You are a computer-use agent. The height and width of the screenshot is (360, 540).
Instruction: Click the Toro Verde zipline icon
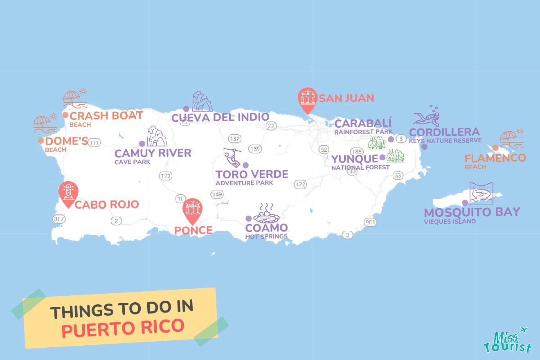coord(232,158)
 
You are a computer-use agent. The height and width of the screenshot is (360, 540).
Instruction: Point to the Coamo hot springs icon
coord(266,213)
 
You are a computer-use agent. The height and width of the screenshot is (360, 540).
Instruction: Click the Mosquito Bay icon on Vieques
coord(481,193)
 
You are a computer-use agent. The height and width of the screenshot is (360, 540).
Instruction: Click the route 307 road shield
coord(59,219)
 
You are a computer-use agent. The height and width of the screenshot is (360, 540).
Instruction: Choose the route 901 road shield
coord(370,222)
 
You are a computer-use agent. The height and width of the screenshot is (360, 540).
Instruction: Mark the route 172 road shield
coord(300,184)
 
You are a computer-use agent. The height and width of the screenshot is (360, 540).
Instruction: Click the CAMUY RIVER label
coord(153,153)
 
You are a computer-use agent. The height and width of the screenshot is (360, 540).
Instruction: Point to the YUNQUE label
coord(354,159)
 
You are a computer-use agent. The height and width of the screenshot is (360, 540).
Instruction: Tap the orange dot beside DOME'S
coord(41,141)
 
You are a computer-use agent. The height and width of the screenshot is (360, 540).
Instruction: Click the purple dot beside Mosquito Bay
coord(465,202)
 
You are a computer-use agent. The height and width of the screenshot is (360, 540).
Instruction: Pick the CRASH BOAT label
coord(106,115)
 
